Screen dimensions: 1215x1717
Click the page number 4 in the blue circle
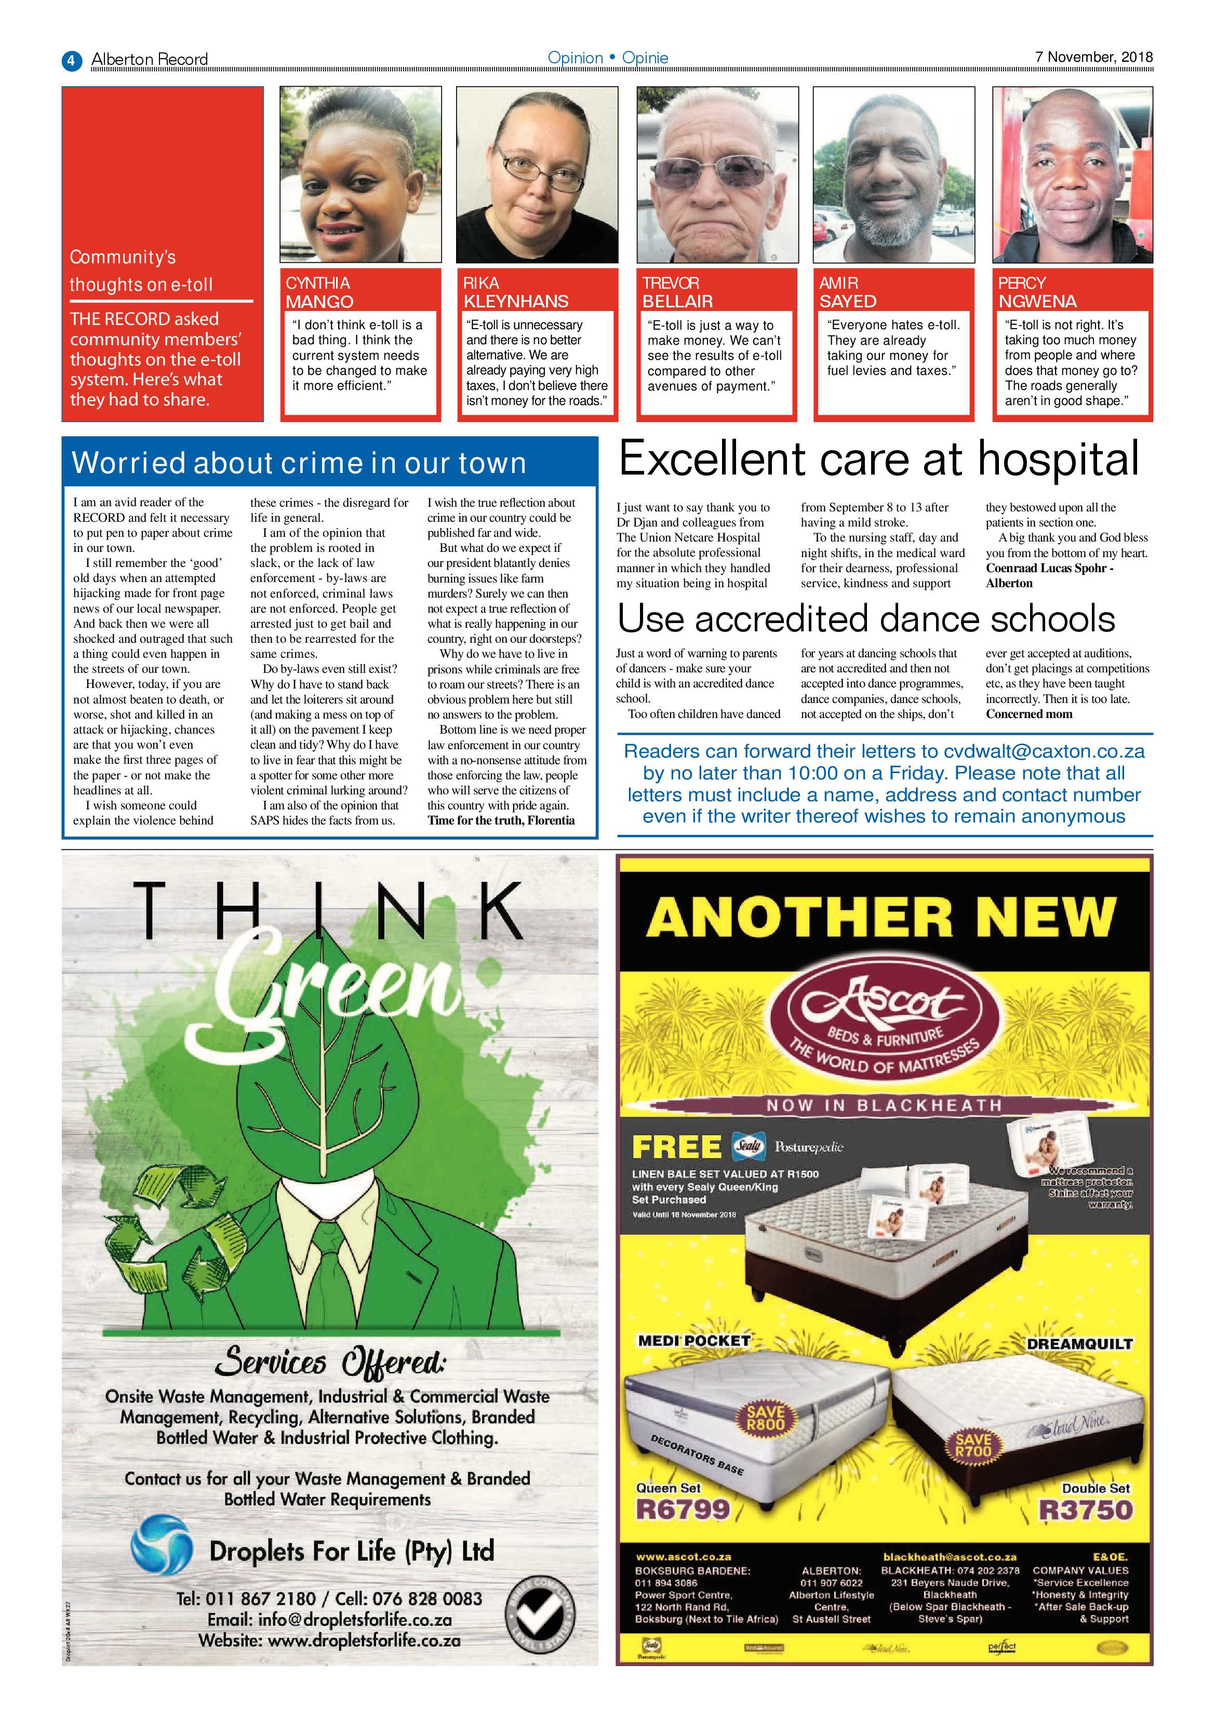pos(71,60)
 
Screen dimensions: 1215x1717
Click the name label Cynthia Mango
pos(319,292)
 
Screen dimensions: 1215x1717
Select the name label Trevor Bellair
pos(677,292)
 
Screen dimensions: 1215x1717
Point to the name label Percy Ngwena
pos(1037,292)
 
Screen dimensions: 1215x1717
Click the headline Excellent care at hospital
pos(879,459)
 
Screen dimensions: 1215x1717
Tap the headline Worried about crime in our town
pos(299,463)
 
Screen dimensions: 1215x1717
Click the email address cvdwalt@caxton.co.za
pos(1044,752)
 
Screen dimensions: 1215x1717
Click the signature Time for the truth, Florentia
pos(501,820)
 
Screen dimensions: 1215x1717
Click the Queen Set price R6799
pos(683,1509)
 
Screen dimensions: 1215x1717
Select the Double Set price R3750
pos(1086,1510)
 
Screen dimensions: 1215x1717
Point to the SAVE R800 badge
pos(765,1418)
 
